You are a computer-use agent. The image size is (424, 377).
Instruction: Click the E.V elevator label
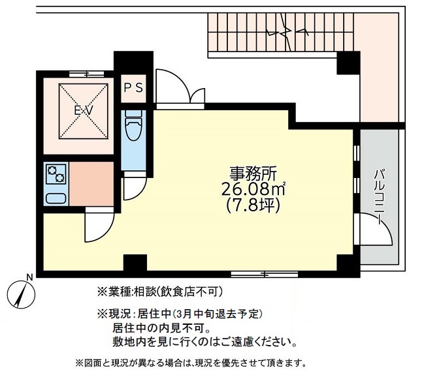click(x=82, y=111)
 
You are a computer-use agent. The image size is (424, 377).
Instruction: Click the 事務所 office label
click(x=253, y=174)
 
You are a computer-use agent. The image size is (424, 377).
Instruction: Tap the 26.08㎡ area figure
click(x=254, y=190)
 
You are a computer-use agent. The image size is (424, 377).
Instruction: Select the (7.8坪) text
click(x=254, y=206)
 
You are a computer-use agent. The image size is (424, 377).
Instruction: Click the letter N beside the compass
click(x=29, y=277)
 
